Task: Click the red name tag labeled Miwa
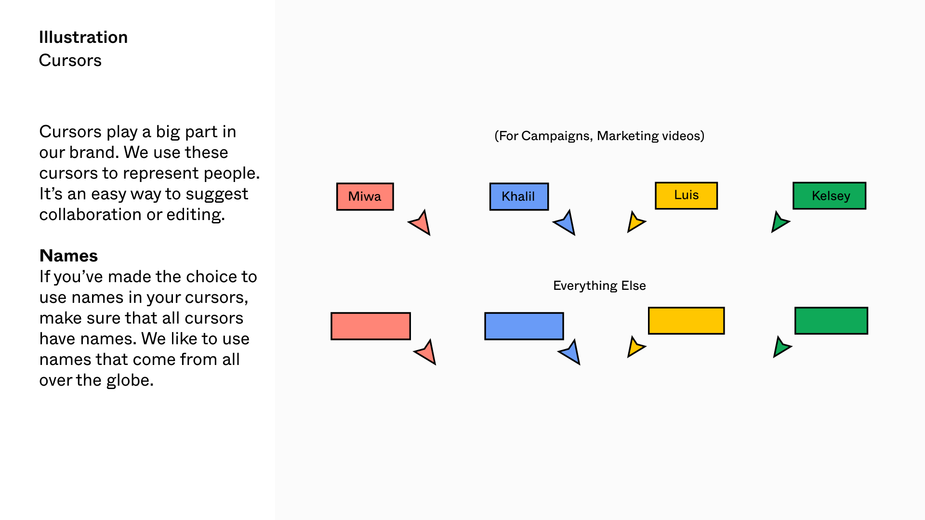click(x=365, y=196)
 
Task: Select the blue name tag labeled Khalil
click(x=519, y=196)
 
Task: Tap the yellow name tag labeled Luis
click(x=686, y=195)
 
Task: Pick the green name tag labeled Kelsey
click(x=829, y=195)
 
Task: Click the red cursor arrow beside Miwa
click(x=422, y=223)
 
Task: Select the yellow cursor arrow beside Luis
click(x=635, y=222)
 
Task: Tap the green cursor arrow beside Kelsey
click(x=779, y=222)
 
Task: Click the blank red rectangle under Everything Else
click(x=370, y=326)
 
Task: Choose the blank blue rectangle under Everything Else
click(x=524, y=326)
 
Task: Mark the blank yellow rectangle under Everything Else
click(x=686, y=321)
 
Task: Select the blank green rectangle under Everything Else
click(x=831, y=321)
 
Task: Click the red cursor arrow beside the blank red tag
click(x=427, y=352)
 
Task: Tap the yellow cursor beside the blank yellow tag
click(x=635, y=347)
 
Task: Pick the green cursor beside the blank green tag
click(x=780, y=347)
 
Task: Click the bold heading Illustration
click(x=83, y=37)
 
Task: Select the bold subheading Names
click(x=68, y=256)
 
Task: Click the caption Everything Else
click(x=599, y=286)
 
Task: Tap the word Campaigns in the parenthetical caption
click(x=555, y=136)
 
